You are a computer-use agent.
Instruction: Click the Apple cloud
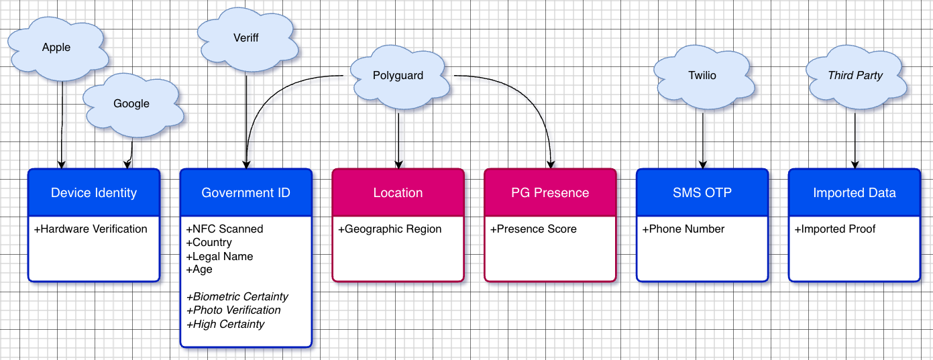pyautogui.click(x=56, y=48)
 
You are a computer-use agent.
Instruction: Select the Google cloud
pyautogui.click(x=131, y=104)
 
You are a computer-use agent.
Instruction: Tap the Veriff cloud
pyautogui.click(x=247, y=38)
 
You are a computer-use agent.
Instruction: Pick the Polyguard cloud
pyautogui.click(x=398, y=76)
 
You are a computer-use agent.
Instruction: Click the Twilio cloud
pyautogui.click(x=702, y=76)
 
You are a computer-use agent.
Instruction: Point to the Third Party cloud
pyautogui.click(x=855, y=76)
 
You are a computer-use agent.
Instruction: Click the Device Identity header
pyautogui.click(x=94, y=193)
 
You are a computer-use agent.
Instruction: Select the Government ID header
pyautogui.click(x=246, y=193)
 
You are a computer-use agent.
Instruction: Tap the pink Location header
pyautogui.click(x=398, y=193)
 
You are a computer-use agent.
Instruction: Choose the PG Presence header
pyautogui.click(x=550, y=193)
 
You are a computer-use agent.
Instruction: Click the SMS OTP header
pyautogui.click(x=702, y=193)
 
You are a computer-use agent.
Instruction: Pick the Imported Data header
pyautogui.click(x=854, y=193)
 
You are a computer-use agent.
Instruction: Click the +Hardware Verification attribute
pyautogui.click(x=91, y=229)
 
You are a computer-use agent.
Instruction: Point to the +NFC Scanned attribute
pyautogui.click(x=225, y=229)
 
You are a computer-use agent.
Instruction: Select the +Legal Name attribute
pyautogui.click(x=219, y=256)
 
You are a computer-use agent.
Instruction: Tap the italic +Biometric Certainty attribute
pyautogui.click(x=237, y=297)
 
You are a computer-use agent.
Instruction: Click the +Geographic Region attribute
pyautogui.click(x=390, y=229)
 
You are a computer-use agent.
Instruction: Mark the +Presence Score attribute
pyautogui.click(x=533, y=229)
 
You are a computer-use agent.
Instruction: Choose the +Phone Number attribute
pyautogui.click(x=683, y=229)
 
